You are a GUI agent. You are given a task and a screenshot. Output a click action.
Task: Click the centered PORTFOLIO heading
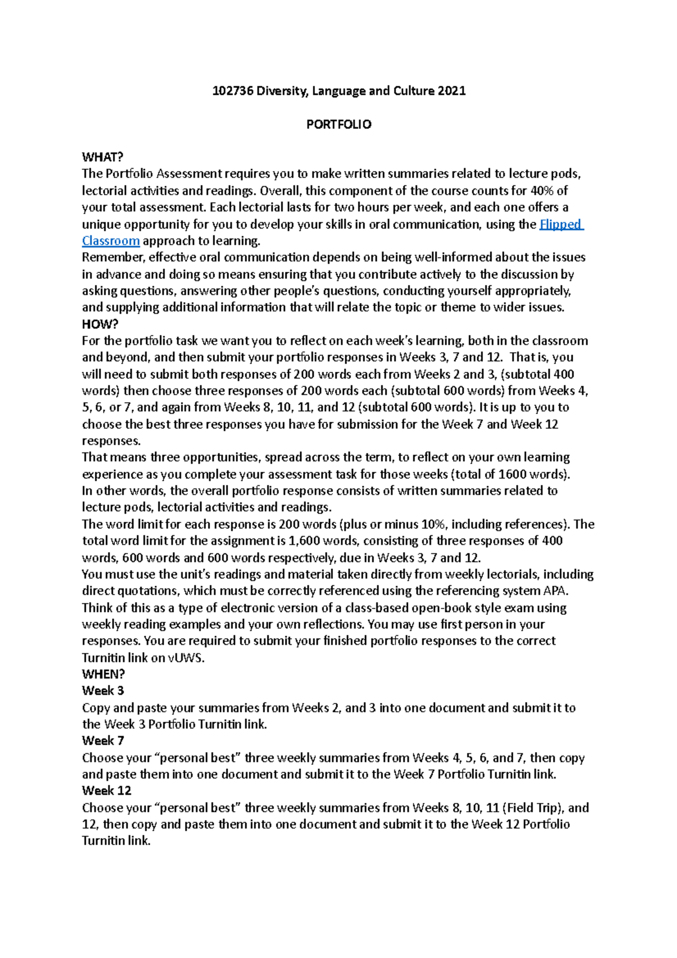click(338, 125)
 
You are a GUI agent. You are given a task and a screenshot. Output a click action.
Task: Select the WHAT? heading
click(102, 157)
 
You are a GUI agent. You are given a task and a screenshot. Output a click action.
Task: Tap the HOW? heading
click(100, 324)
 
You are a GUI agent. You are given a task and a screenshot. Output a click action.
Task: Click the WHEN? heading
click(103, 674)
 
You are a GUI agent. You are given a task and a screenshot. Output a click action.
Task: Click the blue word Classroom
click(111, 241)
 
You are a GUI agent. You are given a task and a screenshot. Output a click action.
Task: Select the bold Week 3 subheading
click(103, 691)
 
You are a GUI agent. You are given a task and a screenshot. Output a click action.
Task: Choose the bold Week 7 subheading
click(103, 741)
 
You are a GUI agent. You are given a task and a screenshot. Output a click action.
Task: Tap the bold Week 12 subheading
click(106, 791)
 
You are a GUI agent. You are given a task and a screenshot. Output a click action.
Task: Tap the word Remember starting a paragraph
click(113, 258)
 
